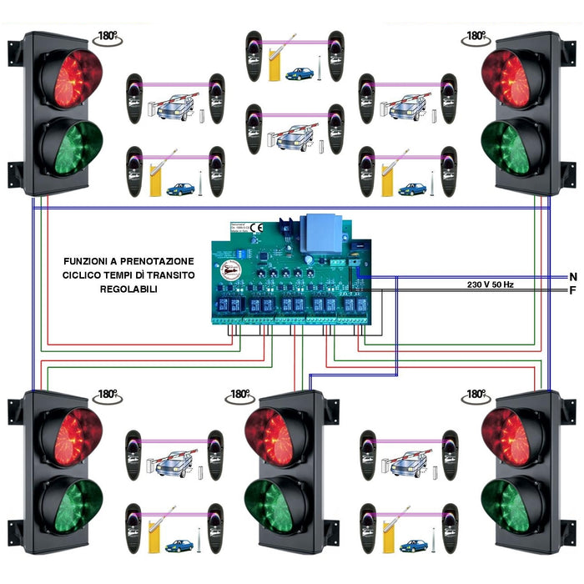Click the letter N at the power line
pos(572,276)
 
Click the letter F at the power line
pos(572,290)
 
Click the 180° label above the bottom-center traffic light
pos(239,394)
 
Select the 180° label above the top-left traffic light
pos(107,38)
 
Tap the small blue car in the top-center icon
pos(298,73)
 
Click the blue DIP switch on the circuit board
pos(243,248)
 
